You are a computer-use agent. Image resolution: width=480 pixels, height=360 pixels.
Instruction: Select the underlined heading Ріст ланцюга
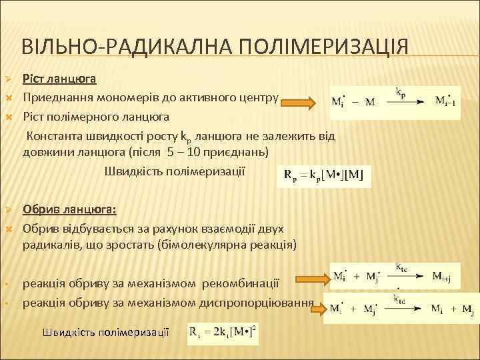click(x=60, y=79)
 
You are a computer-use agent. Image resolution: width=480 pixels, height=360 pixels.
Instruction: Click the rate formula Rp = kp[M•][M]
click(x=323, y=176)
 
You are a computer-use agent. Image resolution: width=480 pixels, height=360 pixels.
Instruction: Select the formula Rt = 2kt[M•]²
click(x=223, y=331)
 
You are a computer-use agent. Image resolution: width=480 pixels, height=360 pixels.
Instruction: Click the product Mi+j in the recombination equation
click(x=445, y=276)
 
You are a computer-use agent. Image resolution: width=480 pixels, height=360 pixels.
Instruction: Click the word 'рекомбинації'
click(x=243, y=283)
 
